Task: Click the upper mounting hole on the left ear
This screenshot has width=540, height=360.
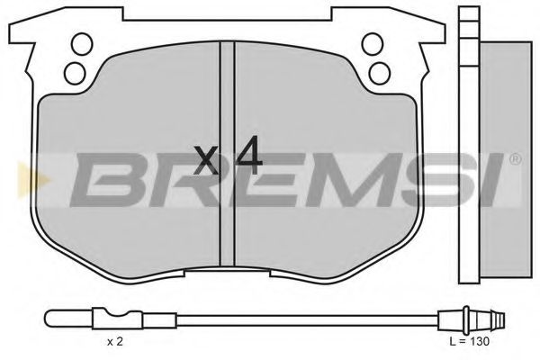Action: click(80, 42)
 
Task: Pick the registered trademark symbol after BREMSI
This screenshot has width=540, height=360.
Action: click(515, 160)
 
